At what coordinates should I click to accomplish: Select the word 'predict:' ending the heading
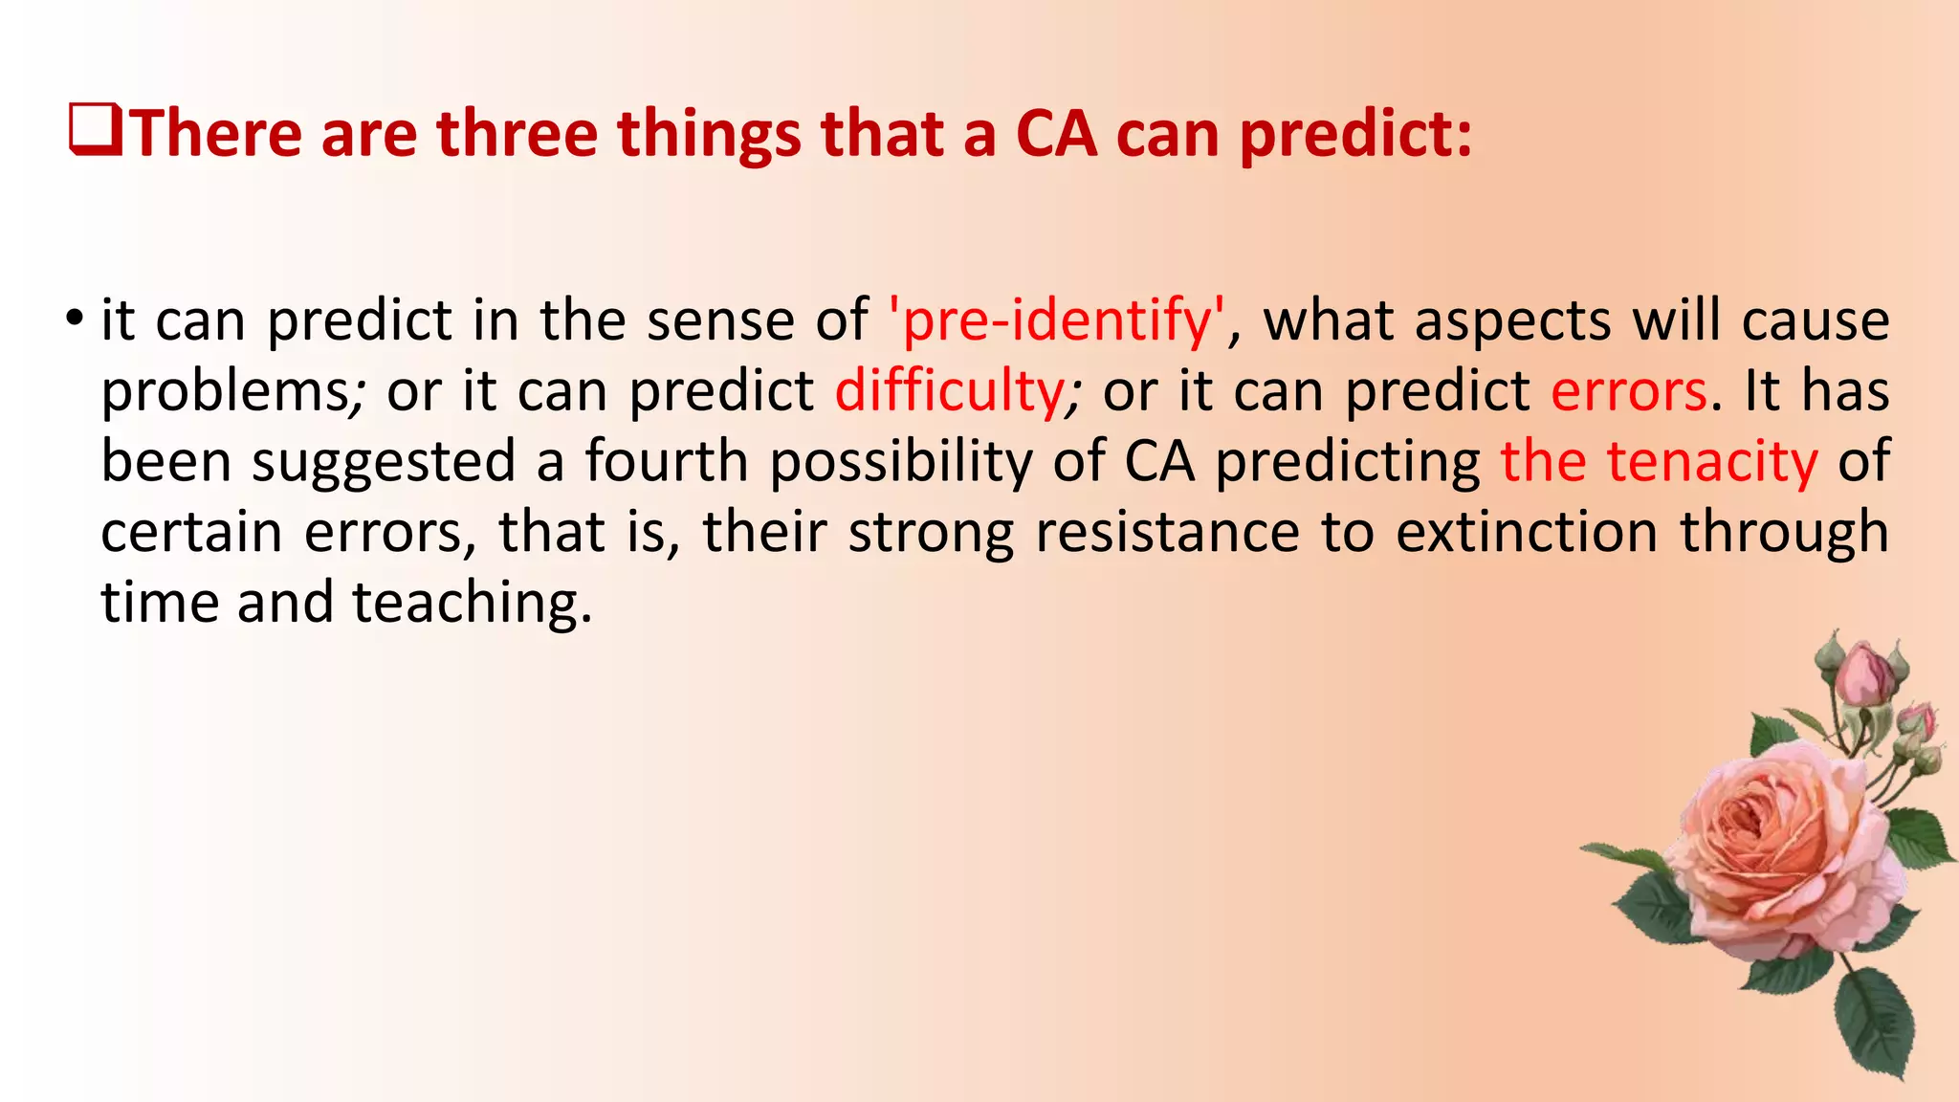coord(1356,134)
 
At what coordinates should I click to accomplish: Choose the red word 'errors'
coord(1629,391)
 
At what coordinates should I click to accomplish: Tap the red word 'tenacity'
coord(1711,462)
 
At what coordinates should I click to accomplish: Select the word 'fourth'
coord(666,462)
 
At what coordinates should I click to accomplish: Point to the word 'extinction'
coord(1527,532)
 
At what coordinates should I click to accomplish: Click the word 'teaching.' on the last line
coord(473,603)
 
